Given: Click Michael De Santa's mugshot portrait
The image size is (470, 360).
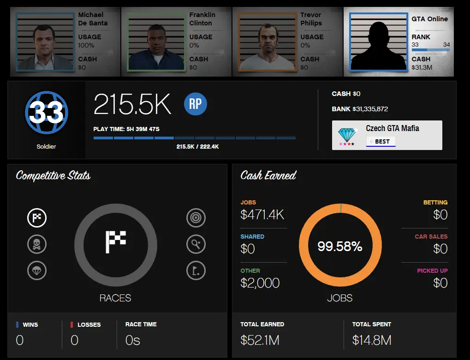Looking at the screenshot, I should (x=45, y=42).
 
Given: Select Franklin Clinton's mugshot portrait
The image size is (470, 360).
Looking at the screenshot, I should (x=156, y=42).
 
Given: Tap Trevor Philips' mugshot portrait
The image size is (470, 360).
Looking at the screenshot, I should (x=268, y=42).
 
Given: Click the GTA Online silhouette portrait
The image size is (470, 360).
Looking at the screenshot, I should (x=379, y=42).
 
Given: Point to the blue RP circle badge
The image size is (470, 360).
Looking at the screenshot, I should (x=195, y=104).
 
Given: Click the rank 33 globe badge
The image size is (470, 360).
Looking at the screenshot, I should (x=46, y=112).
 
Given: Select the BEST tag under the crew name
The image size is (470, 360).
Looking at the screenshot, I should (x=381, y=142).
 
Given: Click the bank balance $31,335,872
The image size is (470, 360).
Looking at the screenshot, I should (x=370, y=109).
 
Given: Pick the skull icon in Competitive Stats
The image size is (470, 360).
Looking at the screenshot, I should (x=37, y=244).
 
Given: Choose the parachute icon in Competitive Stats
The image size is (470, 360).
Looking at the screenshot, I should (x=37, y=270).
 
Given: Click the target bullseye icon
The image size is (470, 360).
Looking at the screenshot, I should (x=196, y=218).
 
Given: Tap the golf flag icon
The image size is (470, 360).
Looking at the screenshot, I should (x=196, y=270).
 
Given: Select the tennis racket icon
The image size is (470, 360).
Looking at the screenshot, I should (x=196, y=244).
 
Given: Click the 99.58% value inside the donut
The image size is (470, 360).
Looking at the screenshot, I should (x=339, y=246).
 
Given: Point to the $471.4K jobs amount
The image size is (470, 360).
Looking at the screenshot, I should (x=262, y=215).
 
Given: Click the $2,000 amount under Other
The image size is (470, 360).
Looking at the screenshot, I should (x=260, y=283).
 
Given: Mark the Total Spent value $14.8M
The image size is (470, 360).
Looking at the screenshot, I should (x=372, y=341).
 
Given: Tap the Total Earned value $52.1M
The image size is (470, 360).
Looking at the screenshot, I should (x=260, y=341).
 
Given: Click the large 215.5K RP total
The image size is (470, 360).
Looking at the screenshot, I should (x=132, y=105).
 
